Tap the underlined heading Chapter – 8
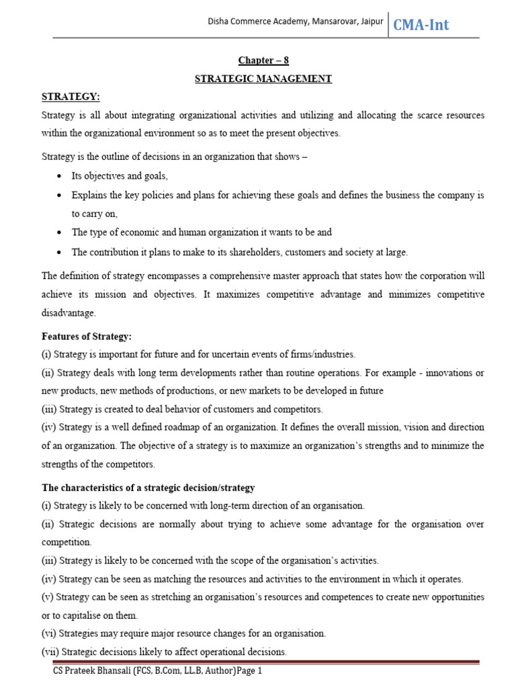pyautogui.click(x=263, y=60)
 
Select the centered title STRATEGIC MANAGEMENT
pyautogui.click(x=263, y=79)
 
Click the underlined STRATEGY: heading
pyautogui.click(x=71, y=97)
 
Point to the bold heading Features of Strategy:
pyautogui.click(x=87, y=336)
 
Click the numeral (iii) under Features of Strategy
pyautogui.click(x=49, y=408)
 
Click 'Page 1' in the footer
pyautogui.click(x=246, y=671)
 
